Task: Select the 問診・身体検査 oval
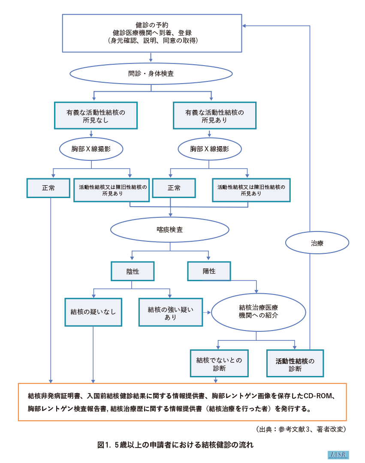pos(151,74)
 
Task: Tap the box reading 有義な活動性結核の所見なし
pos(96,116)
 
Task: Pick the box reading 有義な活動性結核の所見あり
pos(214,116)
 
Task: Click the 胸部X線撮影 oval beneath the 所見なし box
pos(91,149)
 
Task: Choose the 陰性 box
pos(133,272)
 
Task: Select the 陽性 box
pos(209,271)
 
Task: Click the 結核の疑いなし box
pos(93,312)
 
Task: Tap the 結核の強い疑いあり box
pos(170,312)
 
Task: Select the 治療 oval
pos(317,243)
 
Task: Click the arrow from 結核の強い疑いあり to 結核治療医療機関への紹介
pos(207,312)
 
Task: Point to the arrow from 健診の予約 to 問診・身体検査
pos(151,57)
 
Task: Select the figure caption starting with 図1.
pos(176,445)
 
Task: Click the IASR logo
pos(338,455)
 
